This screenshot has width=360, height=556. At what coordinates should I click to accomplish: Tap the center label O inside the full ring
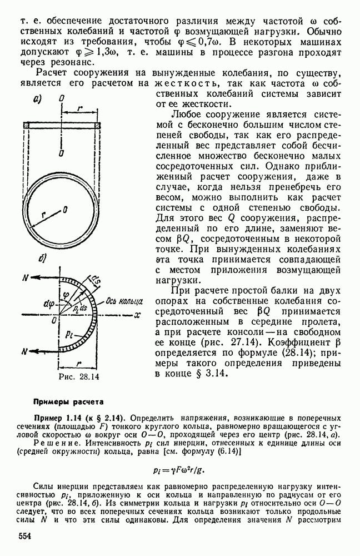tap(66, 209)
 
